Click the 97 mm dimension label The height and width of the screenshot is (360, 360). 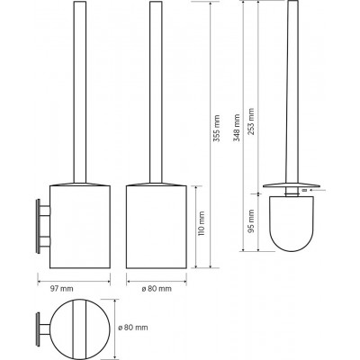pyautogui.click(x=61, y=289)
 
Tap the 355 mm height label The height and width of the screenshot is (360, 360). pyautogui.click(x=217, y=129)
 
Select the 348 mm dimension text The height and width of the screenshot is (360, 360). pyautogui.click(x=237, y=128)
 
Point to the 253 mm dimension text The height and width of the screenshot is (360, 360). pyautogui.click(x=251, y=121)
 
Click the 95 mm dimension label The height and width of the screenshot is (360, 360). pyautogui.click(x=251, y=221)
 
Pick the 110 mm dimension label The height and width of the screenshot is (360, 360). pyautogui.click(x=202, y=223)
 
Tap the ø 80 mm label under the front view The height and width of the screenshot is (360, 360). pyautogui.click(x=157, y=289)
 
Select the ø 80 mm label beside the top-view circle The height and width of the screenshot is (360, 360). pyautogui.click(x=133, y=328)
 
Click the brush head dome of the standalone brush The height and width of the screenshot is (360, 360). pyautogui.click(x=292, y=223)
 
